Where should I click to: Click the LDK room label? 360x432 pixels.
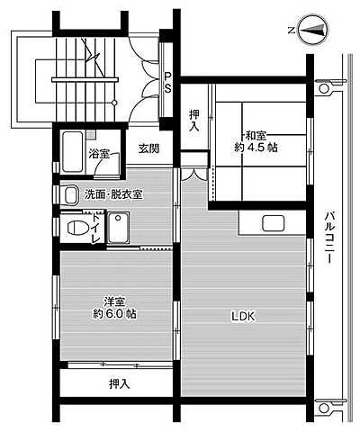(243, 316)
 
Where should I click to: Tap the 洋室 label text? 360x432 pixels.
(113, 301)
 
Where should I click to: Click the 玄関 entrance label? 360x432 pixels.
(148, 148)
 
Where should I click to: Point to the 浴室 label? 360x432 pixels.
(99, 154)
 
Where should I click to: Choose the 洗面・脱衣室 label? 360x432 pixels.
(114, 194)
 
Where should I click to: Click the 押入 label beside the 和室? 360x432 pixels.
(195, 121)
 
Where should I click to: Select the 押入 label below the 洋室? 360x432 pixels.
(119, 385)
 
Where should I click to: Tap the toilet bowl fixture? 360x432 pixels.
(76, 228)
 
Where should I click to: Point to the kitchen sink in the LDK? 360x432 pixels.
(272, 224)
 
